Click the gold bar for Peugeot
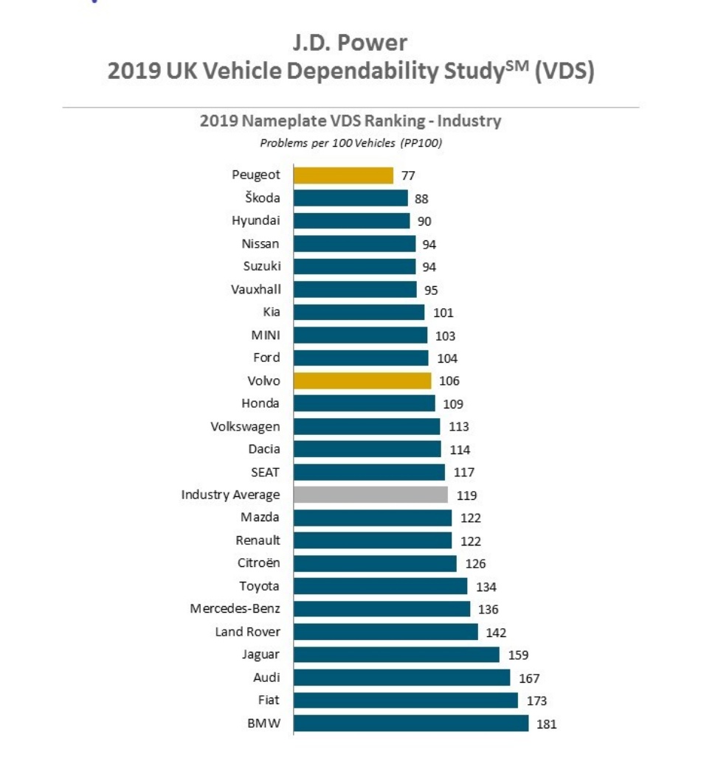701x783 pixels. [343, 175]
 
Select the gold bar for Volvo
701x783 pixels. [362, 380]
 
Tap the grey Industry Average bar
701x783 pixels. [370, 495]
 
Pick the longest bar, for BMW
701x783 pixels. [411, 723]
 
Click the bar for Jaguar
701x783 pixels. [396, 655]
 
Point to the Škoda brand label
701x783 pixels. [263, 198]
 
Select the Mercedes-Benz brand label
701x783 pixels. [235, 609]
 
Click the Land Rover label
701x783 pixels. [247, 632]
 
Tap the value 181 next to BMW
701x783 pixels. [546, 724]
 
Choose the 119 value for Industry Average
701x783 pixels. [466, 495]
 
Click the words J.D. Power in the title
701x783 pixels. [350, 42]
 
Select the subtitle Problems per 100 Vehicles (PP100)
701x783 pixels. [350, 143]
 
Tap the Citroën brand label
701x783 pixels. [258, 563]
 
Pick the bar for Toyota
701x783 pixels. [380, 586]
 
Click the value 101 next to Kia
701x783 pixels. [443, 313]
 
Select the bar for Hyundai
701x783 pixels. [351, 221]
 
